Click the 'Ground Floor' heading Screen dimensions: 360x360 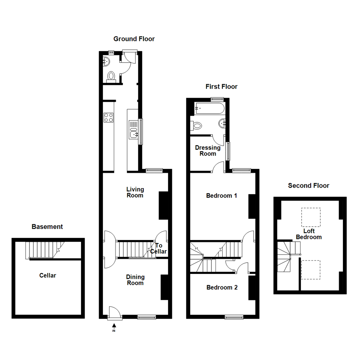coord(134,39)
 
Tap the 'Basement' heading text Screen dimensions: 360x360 coord(47,227)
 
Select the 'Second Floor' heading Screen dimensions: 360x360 coord(308,186)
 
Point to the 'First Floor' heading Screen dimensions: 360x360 coord(221,87)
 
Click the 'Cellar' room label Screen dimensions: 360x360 coord(48,276)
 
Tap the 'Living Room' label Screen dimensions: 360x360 coord(135,192)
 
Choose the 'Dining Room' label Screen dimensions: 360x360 coord(135,280)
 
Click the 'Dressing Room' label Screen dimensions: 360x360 coord(208,151)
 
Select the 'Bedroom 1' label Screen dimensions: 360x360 coord(221,196)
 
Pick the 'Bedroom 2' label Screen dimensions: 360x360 coord(222,287)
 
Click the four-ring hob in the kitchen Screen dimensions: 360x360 coord(109,117)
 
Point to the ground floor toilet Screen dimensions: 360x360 coord(111,76)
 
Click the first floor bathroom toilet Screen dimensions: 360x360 coord(196,126)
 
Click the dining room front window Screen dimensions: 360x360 coord(146,317)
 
